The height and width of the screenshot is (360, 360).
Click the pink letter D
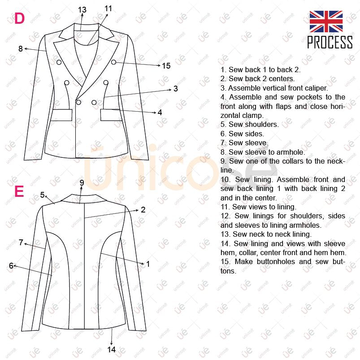click(19, 18)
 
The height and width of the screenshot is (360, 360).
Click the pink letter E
click(19, 191)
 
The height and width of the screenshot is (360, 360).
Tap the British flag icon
click(326, 22)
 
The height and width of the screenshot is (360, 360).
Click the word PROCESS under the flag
click(330, 43)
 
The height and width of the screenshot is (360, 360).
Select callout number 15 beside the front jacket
click(166, 66)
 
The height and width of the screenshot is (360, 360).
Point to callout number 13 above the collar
click(82, 10)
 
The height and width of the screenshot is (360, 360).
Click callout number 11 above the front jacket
click(108, 9)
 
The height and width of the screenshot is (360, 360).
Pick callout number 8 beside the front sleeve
click(20, 49)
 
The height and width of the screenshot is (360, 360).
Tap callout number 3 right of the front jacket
click(175, 89)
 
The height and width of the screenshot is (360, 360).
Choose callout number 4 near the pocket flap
click(160, 112)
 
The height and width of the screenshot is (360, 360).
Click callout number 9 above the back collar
click(82, 182)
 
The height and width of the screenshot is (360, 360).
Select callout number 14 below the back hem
click(112, 349)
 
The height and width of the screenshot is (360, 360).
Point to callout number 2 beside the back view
click(143, 209)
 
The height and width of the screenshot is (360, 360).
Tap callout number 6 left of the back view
click(11, 266)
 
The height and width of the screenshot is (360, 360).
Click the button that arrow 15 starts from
click(114, 62)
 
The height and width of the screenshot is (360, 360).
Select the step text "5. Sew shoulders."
click(249, 125)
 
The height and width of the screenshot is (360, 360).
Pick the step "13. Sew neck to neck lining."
click(265, 234)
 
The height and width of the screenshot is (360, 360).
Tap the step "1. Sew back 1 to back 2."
click(260, 69)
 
